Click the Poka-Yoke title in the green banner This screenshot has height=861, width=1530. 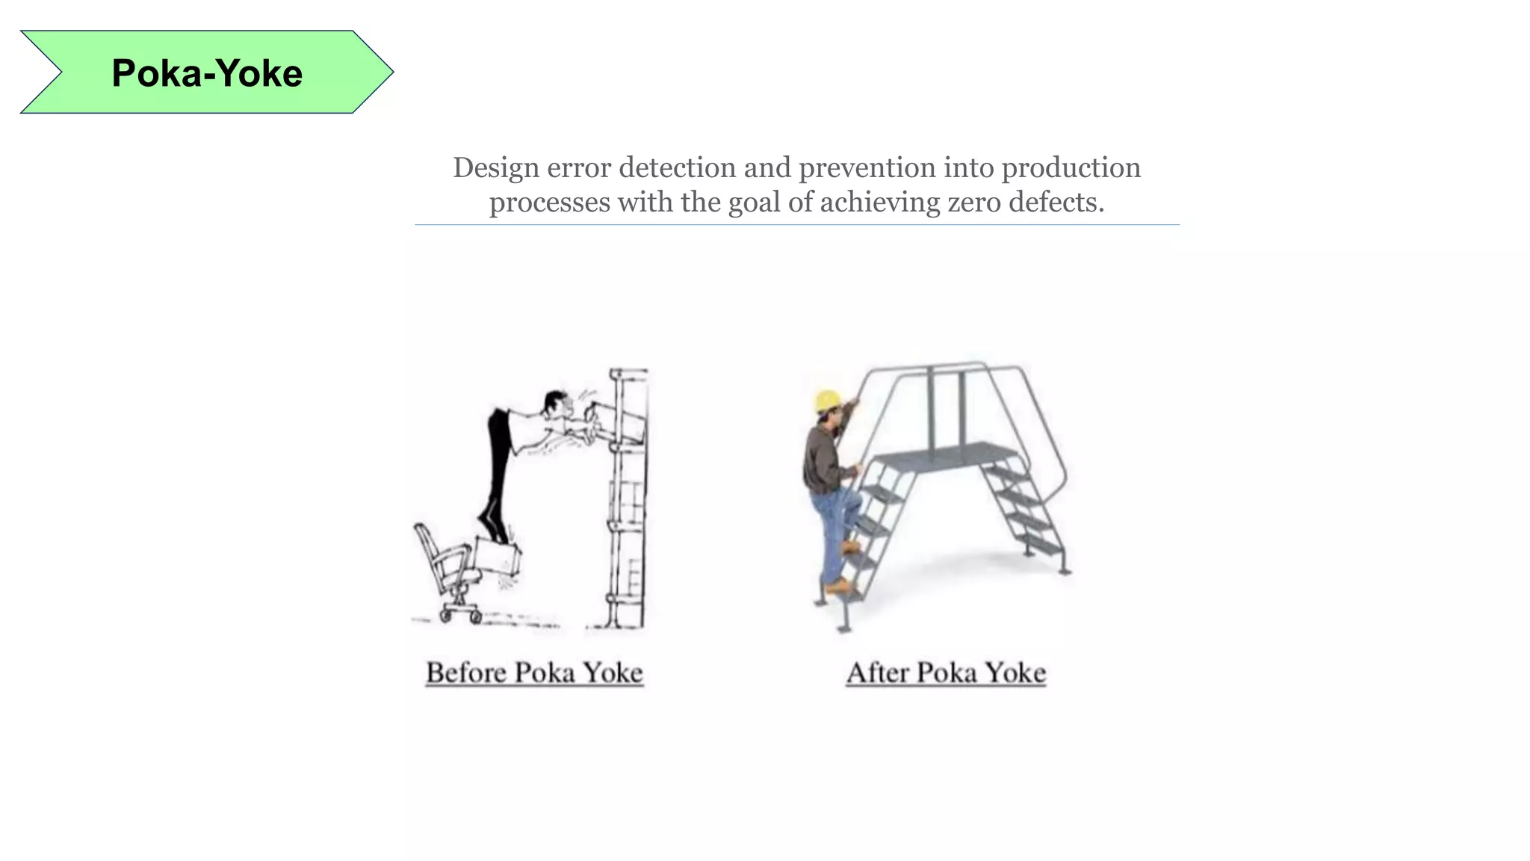[x=207, y=73]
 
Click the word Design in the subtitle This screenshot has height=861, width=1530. [x=495, y=168]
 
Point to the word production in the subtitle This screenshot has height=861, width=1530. [x=1071, y=168]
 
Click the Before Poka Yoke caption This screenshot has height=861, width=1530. [x=534, y=673]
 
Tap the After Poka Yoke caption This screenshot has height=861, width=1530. [x=946, y=673]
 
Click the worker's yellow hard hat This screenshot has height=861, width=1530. [x=827, y=401]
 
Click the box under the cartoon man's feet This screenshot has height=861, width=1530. [x=498, y=557]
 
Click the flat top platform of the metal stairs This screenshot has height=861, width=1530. [x=944, y=453]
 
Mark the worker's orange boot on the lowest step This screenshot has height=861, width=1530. [x=838, y=587]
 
